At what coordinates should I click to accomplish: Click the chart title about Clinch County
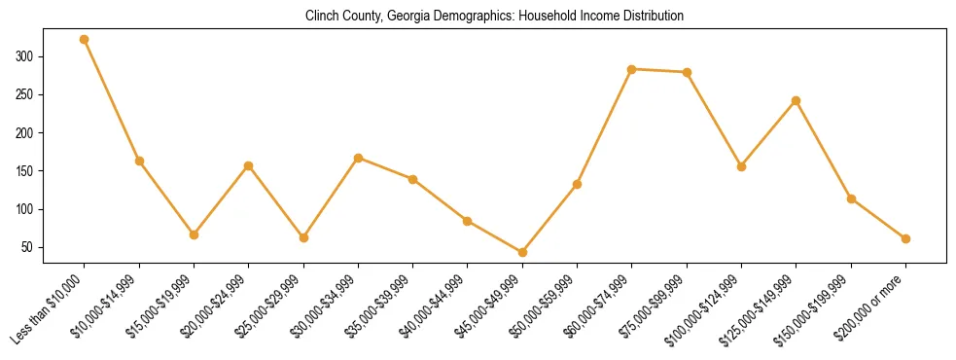(x=494, y=17)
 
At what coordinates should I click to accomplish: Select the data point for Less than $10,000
(x=85, y=40)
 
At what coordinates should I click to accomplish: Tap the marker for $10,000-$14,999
(x=139, y=161)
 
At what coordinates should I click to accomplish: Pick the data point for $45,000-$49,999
(x=522, y=252)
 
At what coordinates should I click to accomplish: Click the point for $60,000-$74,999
(x=632, y=69)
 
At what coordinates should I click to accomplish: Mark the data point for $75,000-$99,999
(x=687, y=72)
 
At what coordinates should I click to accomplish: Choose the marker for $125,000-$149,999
(x=797, y=100)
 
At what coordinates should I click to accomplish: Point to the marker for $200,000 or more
(x=905, y=238)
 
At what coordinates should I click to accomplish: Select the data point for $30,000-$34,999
(x=358, y=158)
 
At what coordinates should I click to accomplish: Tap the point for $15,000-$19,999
(x=194, y=234)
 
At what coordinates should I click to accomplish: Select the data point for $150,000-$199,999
(x=851, y=198)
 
